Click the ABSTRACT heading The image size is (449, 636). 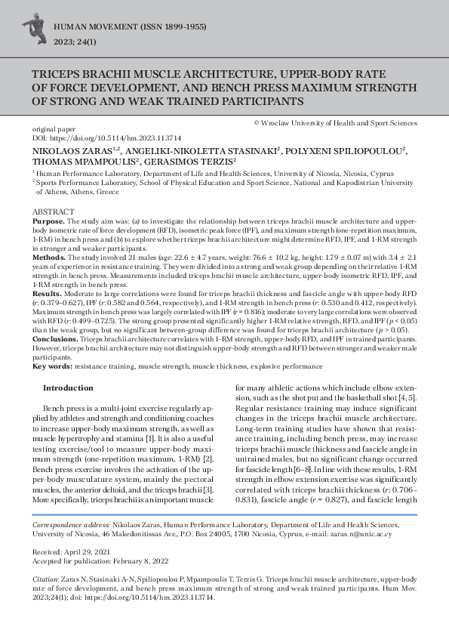tap(53, 211)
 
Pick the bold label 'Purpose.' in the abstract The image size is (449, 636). tap(48, 221)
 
